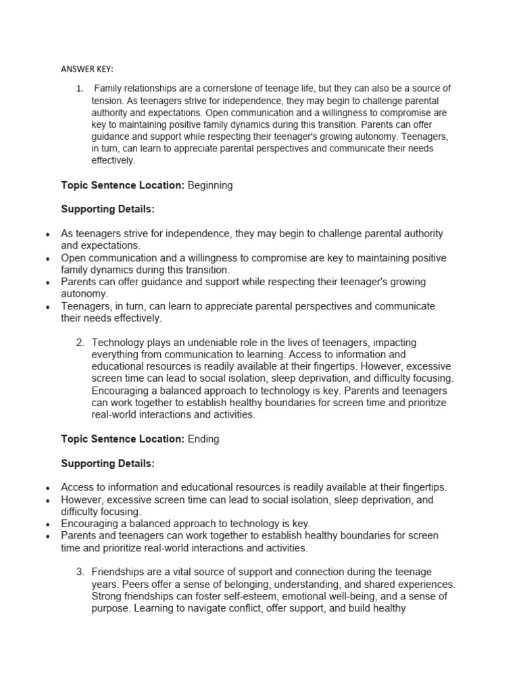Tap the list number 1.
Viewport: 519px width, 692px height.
coord(79,89)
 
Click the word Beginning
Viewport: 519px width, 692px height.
coord(209,185)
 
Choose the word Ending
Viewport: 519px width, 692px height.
coord(203,439)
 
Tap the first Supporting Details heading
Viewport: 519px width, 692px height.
coord(107,209)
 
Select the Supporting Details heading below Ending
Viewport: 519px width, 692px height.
coord(107,463)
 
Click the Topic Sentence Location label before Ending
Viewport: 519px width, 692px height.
coord(122,439)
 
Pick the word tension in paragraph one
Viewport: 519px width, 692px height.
coord(107,101)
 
